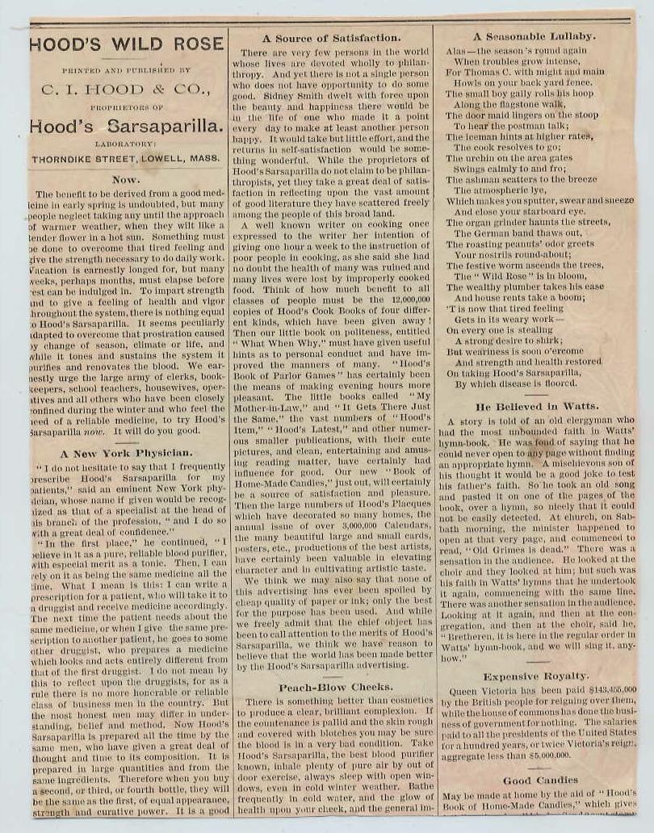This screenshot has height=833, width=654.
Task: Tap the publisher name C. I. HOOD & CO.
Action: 127,90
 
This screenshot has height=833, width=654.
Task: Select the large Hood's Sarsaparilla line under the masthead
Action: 127,126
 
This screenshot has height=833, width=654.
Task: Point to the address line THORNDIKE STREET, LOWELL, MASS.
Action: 127,159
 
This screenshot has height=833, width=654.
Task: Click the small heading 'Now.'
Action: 126,180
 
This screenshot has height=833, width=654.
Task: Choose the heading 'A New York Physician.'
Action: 126,453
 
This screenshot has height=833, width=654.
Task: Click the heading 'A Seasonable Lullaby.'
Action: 534,36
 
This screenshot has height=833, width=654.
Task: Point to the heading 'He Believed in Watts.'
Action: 536,406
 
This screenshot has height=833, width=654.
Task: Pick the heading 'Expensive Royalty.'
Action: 536,676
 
